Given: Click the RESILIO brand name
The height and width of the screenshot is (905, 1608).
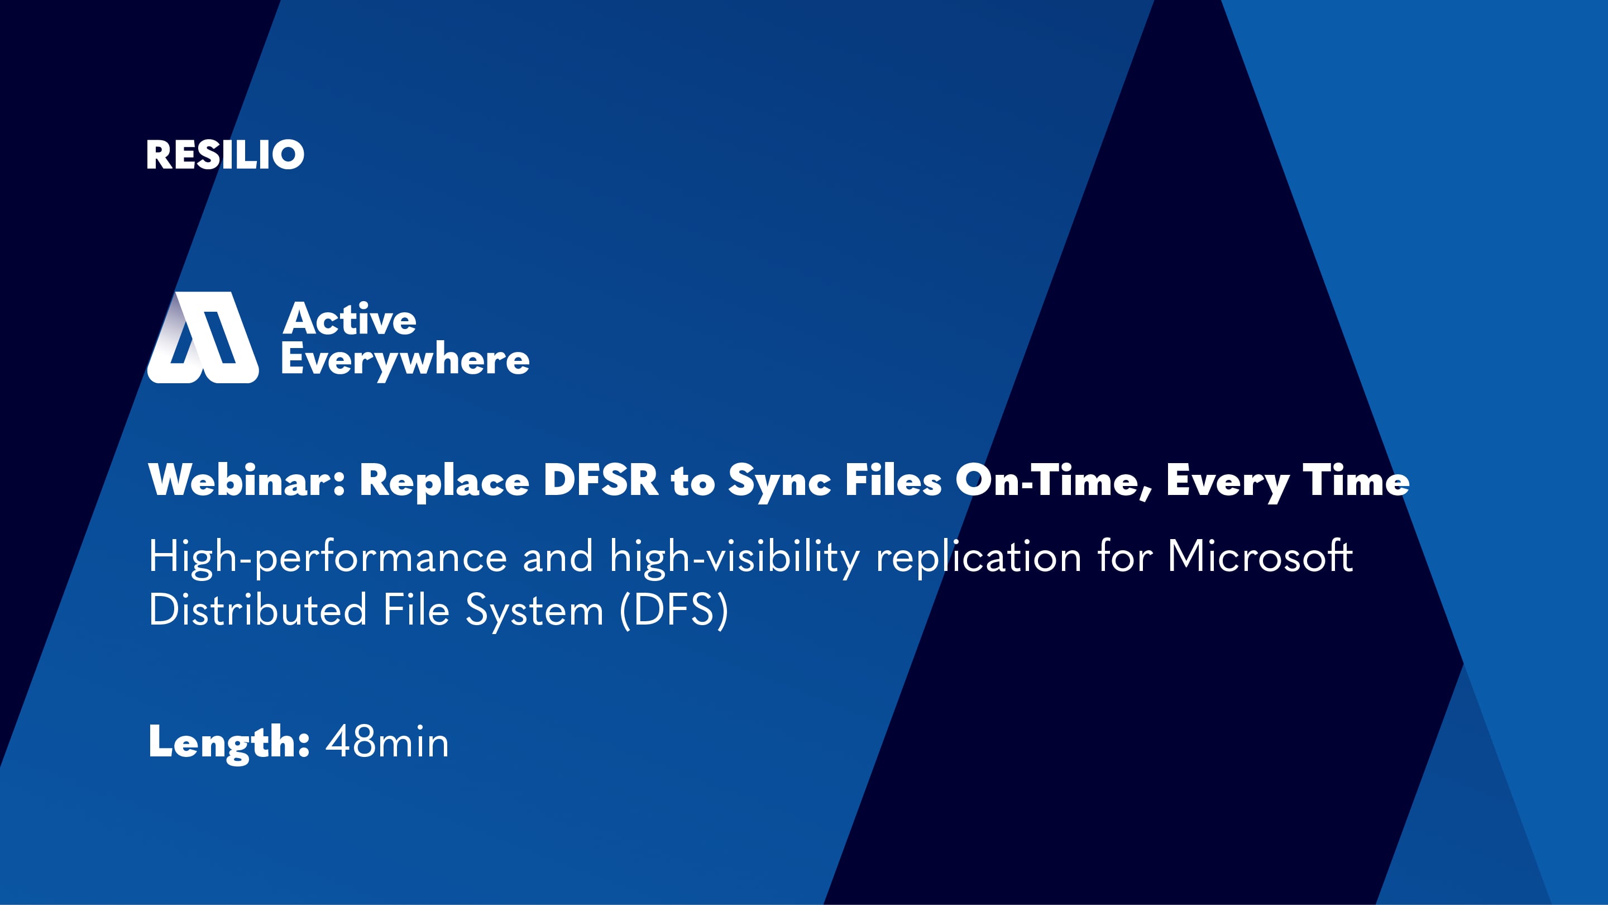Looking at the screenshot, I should click(x=224, y=155).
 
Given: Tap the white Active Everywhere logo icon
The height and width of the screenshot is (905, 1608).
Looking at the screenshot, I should click(x=203, y=338).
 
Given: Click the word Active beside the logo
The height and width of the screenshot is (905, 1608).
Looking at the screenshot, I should click(x=350, y=319).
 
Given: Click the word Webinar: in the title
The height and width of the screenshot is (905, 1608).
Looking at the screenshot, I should click(x=247, y=480).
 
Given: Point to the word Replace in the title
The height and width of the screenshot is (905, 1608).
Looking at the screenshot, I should click(x=444, y=482).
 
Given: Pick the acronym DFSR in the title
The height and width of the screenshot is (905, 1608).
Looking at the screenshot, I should click(x=601, y=480).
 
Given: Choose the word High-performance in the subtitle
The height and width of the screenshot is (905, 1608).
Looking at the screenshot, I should click(x=328, y=557).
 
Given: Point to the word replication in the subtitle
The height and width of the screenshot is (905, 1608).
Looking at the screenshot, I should click(x=978, y=557).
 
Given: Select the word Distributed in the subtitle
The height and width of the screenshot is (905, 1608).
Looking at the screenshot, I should click(x=257, y=610).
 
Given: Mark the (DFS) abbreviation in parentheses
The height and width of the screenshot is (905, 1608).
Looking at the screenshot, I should click(x=674, y=610).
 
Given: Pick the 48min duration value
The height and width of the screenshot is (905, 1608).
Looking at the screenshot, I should click(x=387, y=742).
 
